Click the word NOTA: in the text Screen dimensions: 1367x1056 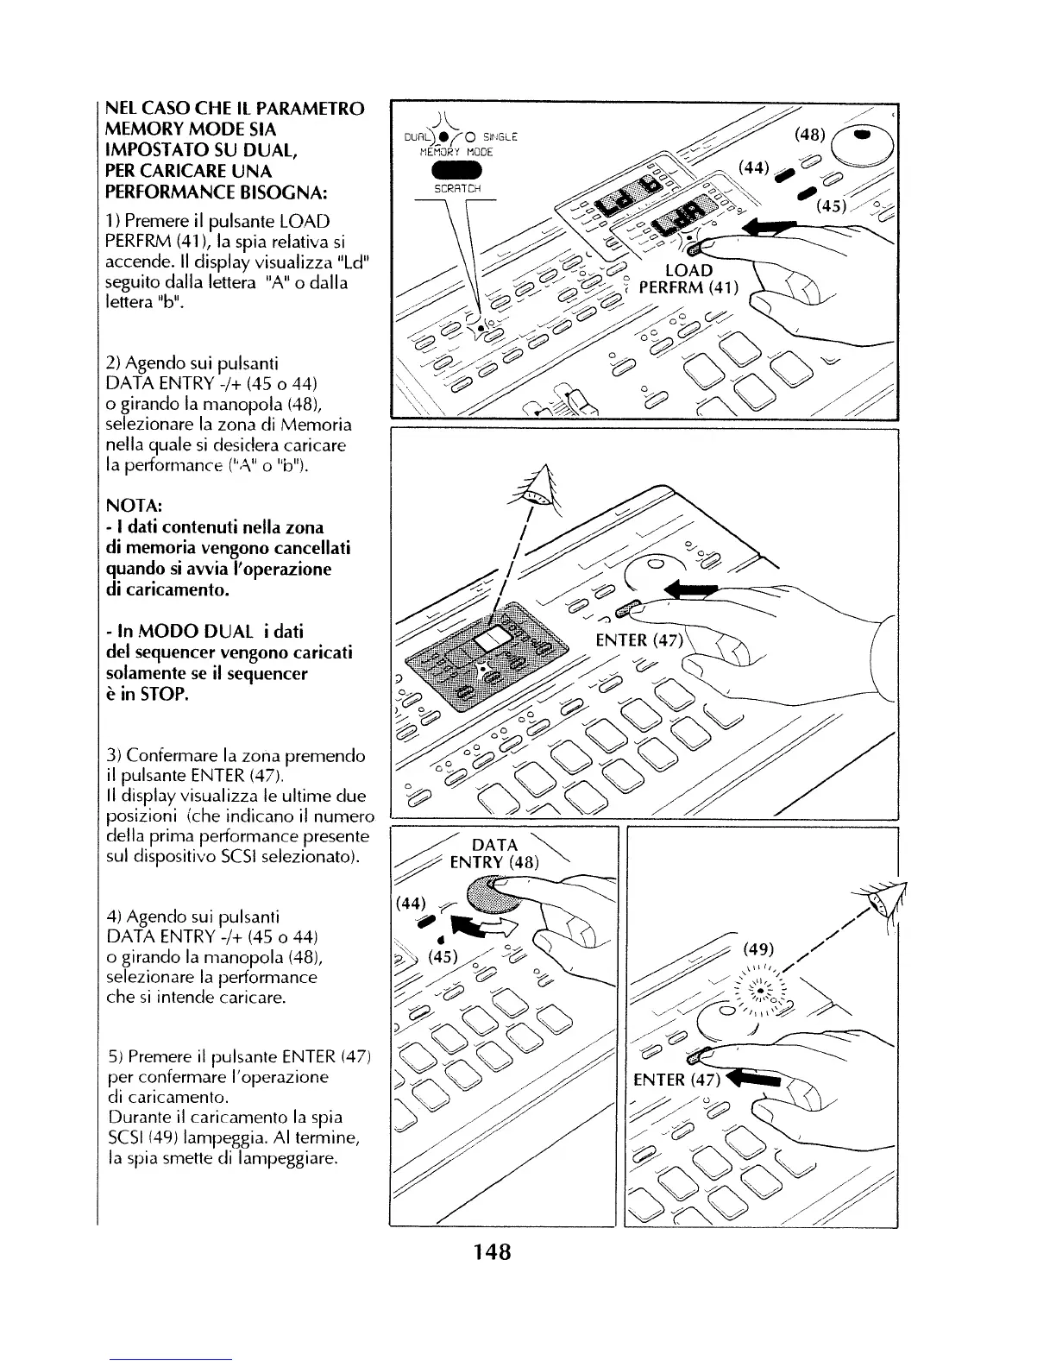pyautogui.click(x=131, y=506)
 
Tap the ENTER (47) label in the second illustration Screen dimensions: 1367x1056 pyautogui.click(x=639, y=639)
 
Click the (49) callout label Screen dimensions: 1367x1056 pyautogui.click(x=759, y=949)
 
